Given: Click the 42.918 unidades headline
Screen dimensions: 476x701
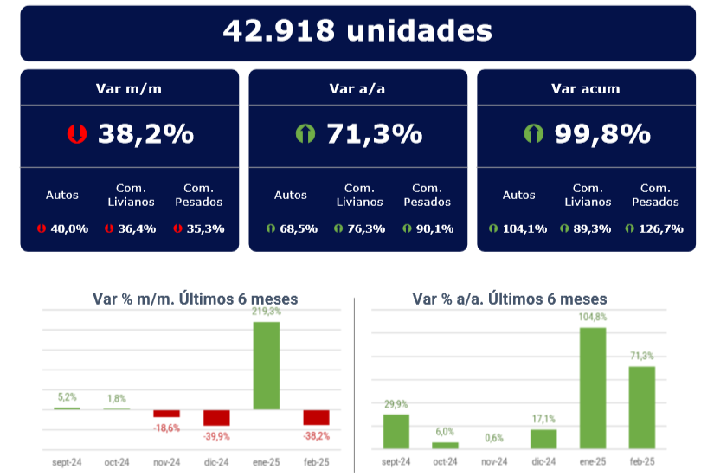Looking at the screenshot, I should [x=357, y=31].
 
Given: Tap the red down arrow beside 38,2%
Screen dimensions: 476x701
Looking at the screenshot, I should [x=77, y=134].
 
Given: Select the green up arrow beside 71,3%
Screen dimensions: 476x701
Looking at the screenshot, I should [x=305, y=134].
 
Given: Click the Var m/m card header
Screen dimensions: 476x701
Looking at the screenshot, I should [x=129, y=88].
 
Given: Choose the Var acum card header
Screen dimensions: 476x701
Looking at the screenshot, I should [x=586, y=88].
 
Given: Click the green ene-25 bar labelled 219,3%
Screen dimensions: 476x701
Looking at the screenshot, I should [x=267, y=364].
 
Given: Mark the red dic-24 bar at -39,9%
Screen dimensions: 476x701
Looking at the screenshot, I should [x=216, y=417].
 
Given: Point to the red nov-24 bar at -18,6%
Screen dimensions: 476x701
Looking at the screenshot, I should [x=167, y=413].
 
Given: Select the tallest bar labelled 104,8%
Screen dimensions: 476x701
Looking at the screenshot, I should [x=593, y=388].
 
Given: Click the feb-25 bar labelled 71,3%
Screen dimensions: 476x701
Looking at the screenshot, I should [x=641, y=407].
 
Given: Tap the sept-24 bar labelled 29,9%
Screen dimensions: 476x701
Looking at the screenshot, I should [x=396, y=431].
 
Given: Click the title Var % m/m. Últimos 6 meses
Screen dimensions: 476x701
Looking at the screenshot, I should [x=195, y=299].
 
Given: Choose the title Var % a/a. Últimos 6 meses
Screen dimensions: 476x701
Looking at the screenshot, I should [x=510, y=299].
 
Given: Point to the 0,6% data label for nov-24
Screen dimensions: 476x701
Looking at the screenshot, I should [x=494, y=438].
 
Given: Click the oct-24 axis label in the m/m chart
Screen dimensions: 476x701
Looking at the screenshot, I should [x=117, y=463].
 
